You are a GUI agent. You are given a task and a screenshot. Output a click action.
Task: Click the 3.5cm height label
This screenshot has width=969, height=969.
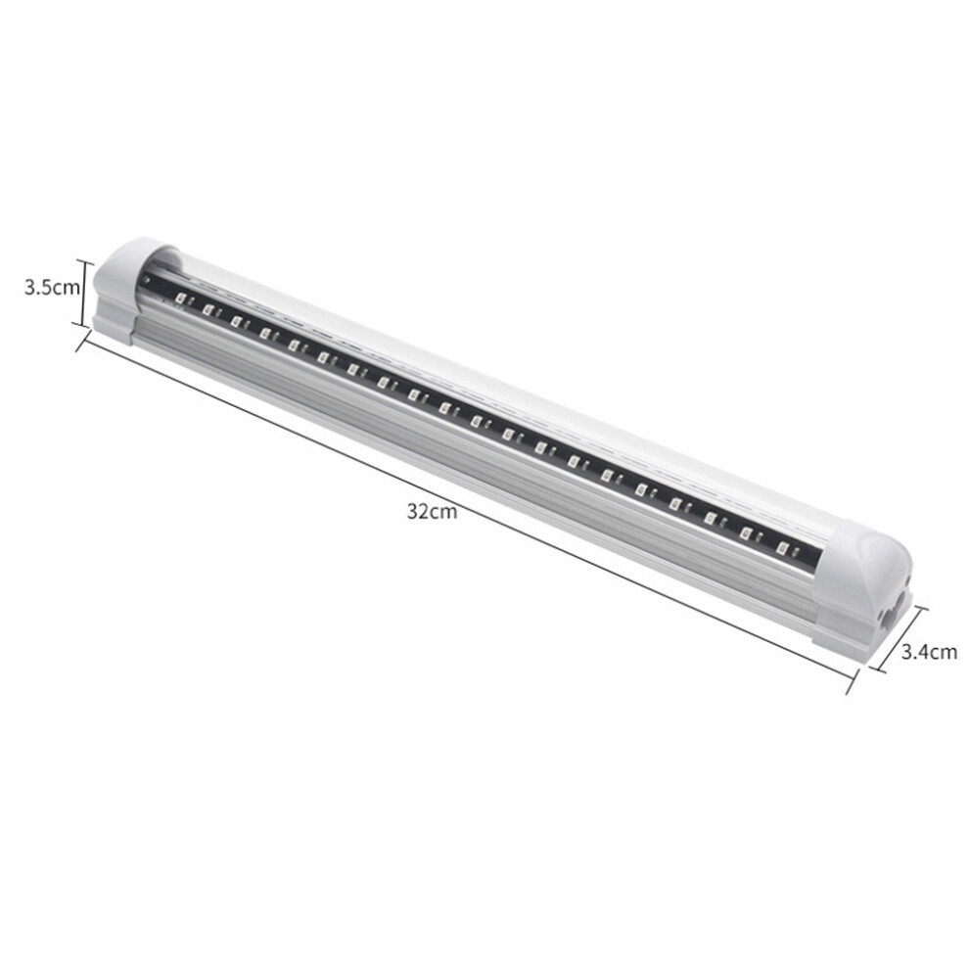53,288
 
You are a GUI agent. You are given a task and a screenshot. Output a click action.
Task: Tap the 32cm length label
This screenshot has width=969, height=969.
432,512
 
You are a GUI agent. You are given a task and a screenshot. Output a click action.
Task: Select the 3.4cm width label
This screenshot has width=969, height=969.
929,651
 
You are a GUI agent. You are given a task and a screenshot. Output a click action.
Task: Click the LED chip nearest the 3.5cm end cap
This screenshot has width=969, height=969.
180,298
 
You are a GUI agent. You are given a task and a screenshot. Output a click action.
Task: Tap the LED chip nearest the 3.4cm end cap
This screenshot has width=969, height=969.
782,548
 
